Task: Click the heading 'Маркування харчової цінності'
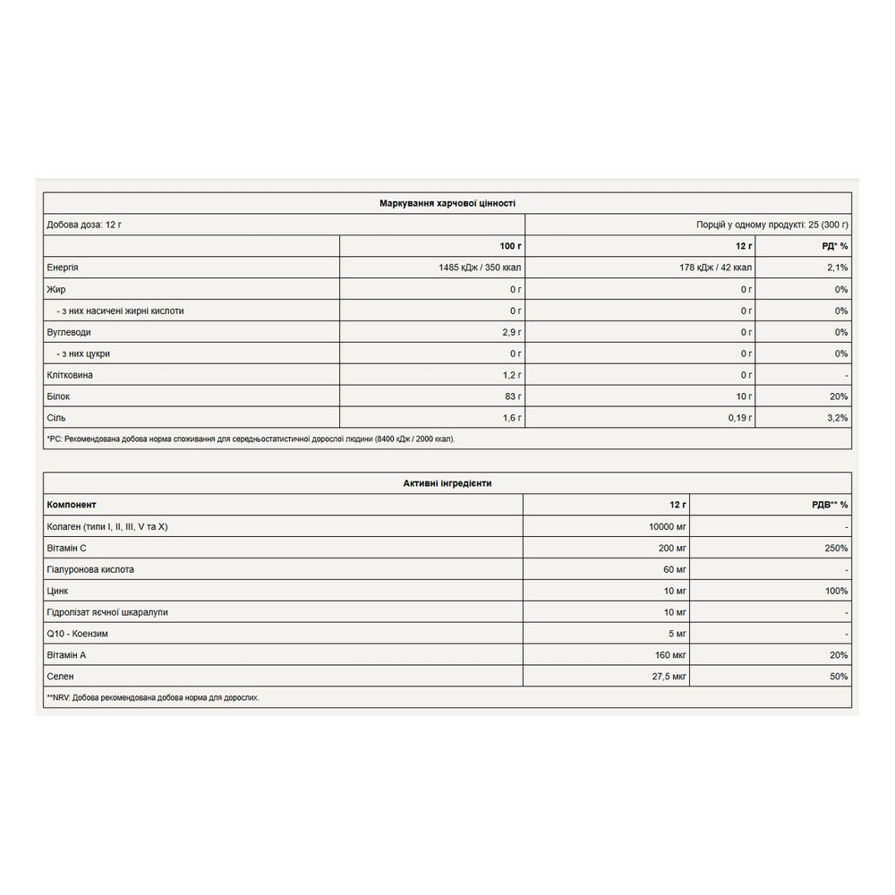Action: (x=447, y=203)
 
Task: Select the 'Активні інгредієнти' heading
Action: (x=447, y=483)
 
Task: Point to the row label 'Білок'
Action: (x=58, y=396)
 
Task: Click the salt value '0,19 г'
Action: (x=738, y=418)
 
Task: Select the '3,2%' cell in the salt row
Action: (x=837, y=418)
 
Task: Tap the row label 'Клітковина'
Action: (x=69, y=375)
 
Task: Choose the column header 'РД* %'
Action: (x=833, y=246)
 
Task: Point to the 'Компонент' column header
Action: (x=72, y=505)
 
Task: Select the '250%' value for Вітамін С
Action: (x=836, y=548)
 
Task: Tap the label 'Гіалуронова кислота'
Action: (x=90, y=569)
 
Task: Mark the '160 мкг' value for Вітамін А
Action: (x=669, y=655)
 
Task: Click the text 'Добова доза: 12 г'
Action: (x=84, y=225)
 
